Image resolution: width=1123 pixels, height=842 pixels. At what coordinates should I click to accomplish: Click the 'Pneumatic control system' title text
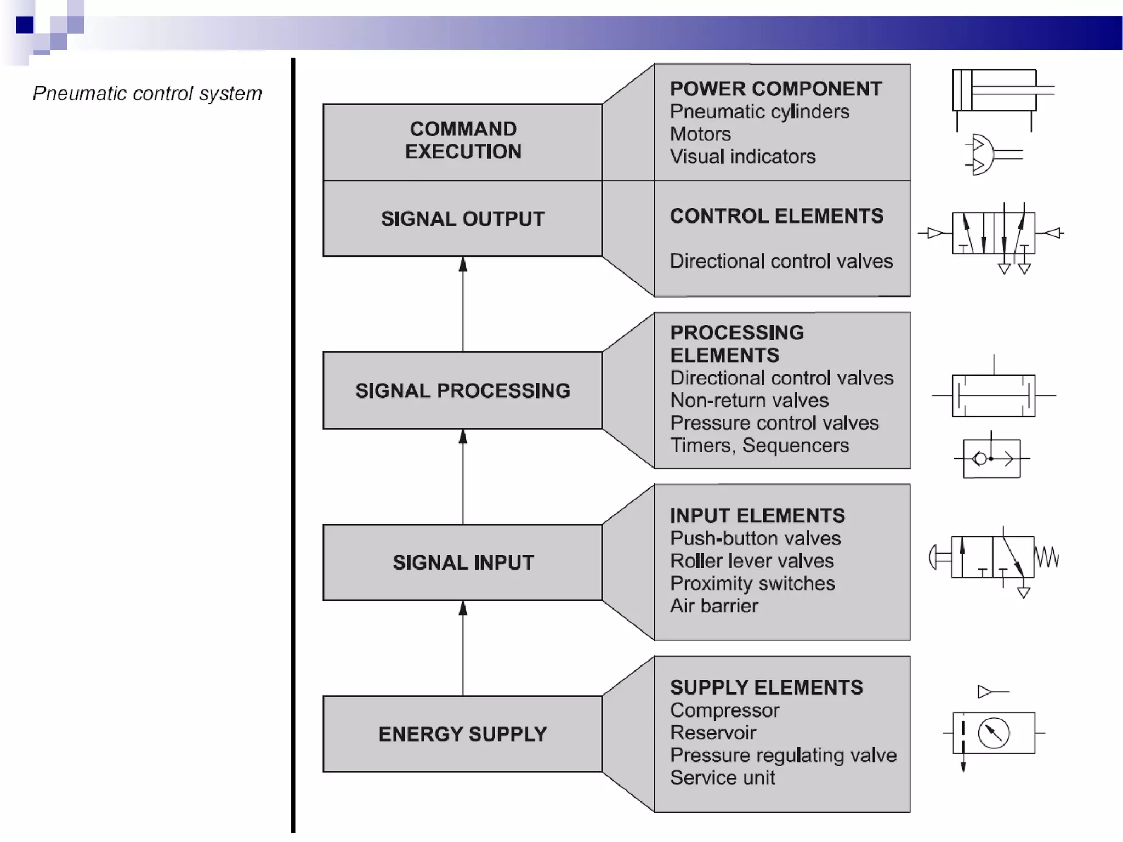[x=147, y=94]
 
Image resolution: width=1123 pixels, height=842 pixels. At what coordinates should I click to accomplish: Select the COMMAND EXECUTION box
[x=463, y=141]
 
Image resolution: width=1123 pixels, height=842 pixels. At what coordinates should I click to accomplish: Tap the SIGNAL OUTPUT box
[x=463, y=219]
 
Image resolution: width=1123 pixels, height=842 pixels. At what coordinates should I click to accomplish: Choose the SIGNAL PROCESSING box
[x=463, y=390]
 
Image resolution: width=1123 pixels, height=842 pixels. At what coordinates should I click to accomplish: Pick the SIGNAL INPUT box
[x=463, y=562]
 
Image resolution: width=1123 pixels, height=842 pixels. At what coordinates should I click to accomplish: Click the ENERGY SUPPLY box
[x=463, y=734]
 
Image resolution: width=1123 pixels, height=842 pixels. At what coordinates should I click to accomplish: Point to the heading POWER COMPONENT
[x=776, y=89]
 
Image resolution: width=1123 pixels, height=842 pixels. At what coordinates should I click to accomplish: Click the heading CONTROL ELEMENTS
[x=776, y=216]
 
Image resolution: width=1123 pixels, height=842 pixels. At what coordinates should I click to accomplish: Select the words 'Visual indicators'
[x=742, y=157]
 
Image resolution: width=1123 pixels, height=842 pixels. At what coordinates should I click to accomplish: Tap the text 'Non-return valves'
[x=749, y=401]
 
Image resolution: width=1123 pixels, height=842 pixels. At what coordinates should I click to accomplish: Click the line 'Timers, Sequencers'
[x=759, y=446]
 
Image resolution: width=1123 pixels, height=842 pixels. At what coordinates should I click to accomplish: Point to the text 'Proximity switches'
[x=752, y=584]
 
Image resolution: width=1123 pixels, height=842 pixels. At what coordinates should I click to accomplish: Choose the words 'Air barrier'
[x=714, y=606]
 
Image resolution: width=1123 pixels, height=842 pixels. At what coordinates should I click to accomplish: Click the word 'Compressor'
[x=724, y=710]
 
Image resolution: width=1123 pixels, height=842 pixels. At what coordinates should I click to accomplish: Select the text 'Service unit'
[x=722, y=778]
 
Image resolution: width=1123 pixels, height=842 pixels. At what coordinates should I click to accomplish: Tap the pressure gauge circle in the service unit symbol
[x=994, y=733]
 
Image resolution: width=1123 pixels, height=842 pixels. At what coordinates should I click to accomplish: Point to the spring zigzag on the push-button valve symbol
[x=1047, y=557]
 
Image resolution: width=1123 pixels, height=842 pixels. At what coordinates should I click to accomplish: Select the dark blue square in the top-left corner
[x=25, y=25]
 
